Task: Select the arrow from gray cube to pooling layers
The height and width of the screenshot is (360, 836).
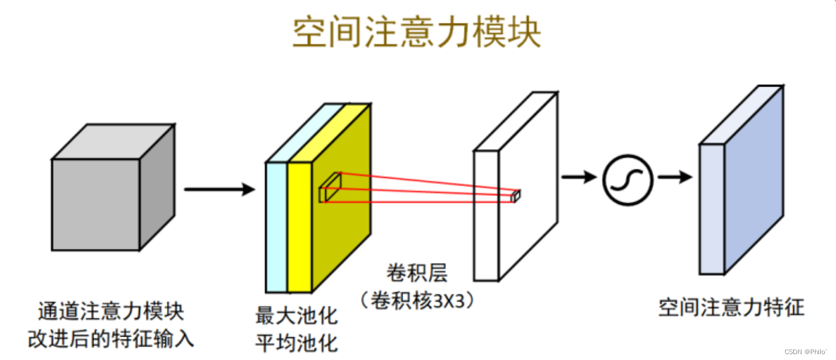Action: pyautogui.click(x=219, y=189)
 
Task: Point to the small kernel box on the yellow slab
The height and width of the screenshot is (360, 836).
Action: pyautogui.click(x=329, y=188)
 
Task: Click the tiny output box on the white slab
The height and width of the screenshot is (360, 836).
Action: pyautogui.click(x=515, y=196)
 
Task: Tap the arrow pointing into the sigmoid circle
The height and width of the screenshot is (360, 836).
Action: pyautogui.click(x=579, y=177)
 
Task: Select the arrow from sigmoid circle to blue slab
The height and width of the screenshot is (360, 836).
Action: pyautogui.click(x=674, y=177)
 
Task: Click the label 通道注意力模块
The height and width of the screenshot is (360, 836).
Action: pyautogui.click(x=111, y=311)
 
